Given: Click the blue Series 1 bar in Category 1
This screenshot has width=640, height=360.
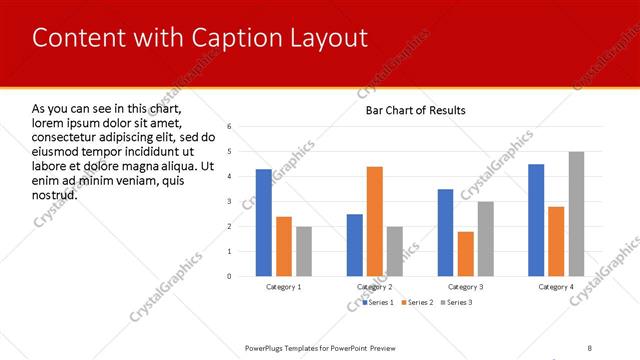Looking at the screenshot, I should pos(263,222).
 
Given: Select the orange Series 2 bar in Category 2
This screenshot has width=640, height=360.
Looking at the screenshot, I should pos(375,221).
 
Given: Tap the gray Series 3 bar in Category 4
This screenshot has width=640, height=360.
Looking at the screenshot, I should pos(577,214).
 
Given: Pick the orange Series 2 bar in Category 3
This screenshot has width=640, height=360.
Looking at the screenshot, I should pos(466,254).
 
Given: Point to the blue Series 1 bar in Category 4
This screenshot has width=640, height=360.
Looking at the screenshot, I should pos(536,220).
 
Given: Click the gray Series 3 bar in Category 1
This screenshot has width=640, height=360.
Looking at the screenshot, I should pos(304,251).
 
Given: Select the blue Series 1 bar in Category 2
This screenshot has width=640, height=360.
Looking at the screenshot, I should pos(355,245).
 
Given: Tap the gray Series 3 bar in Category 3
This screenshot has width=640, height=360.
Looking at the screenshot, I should pos(486,239).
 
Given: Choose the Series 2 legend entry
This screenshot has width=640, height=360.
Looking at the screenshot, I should pos(418,301).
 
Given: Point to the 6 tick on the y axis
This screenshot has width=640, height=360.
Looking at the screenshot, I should pos(229,127).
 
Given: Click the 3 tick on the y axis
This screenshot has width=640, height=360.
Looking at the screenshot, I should pos(229,202).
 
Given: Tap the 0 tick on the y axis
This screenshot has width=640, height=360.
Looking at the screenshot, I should pos(229,276).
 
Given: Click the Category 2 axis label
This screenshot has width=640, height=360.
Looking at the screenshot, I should pos(375,287).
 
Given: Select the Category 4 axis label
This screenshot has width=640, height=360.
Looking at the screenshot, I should pos(557,287).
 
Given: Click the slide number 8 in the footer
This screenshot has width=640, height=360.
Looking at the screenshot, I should pos(589,348).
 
